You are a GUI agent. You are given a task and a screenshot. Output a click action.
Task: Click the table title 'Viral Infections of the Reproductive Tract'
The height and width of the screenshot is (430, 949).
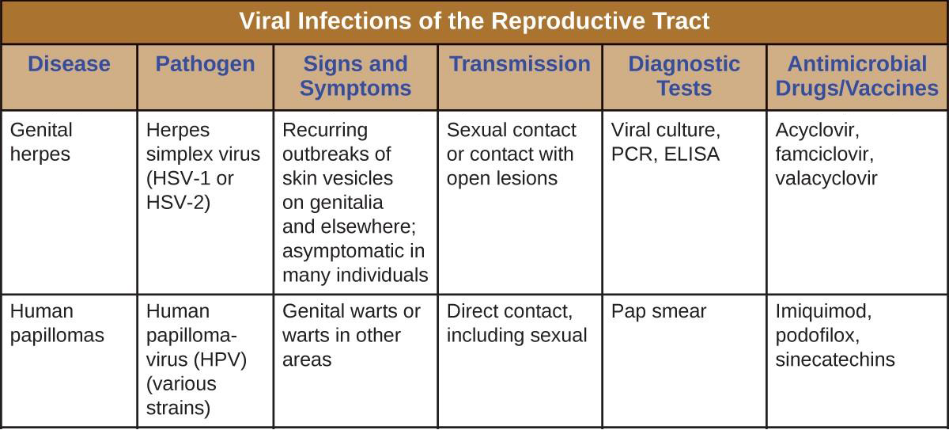(474, 21)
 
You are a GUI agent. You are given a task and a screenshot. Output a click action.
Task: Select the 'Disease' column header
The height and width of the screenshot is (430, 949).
(69, 64)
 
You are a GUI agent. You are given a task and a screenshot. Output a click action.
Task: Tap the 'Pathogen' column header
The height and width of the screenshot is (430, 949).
(205, 64)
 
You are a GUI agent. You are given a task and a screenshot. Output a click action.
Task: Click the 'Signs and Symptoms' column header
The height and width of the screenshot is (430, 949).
(355, 76)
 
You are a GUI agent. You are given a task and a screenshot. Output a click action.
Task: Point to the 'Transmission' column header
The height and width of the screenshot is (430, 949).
(520, 64)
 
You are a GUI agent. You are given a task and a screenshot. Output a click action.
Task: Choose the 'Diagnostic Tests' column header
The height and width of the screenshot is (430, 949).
(684, 76)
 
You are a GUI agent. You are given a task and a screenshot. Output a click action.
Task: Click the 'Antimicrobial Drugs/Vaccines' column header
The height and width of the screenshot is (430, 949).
(856, 76)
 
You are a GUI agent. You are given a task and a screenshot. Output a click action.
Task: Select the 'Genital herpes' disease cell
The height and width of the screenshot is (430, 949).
(41, 142)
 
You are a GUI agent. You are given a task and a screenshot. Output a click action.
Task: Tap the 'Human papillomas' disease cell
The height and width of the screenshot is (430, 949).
(57, 323)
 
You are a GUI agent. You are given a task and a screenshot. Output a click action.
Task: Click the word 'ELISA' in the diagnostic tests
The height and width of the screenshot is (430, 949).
(692, 154)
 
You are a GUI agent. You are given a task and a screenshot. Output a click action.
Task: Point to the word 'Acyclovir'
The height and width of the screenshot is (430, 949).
(817, 131)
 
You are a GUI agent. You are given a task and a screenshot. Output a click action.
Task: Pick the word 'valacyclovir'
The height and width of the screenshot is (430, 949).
(826, 178)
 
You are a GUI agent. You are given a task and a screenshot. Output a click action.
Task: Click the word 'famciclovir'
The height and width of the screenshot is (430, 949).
(824, 154)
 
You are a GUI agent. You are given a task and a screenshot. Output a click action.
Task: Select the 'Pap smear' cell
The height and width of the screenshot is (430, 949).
(658, 312)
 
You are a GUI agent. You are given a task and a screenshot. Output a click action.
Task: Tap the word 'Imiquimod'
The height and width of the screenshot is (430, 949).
(823, 312)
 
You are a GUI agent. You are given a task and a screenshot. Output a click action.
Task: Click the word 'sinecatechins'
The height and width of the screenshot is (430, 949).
(835, 360)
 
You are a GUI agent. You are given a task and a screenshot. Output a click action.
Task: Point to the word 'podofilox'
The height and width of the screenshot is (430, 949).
(817, 336)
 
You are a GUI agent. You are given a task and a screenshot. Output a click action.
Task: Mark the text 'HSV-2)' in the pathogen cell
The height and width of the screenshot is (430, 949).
(178, 202)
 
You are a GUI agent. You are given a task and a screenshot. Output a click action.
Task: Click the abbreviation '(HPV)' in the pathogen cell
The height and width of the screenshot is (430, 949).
(220, 360)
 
